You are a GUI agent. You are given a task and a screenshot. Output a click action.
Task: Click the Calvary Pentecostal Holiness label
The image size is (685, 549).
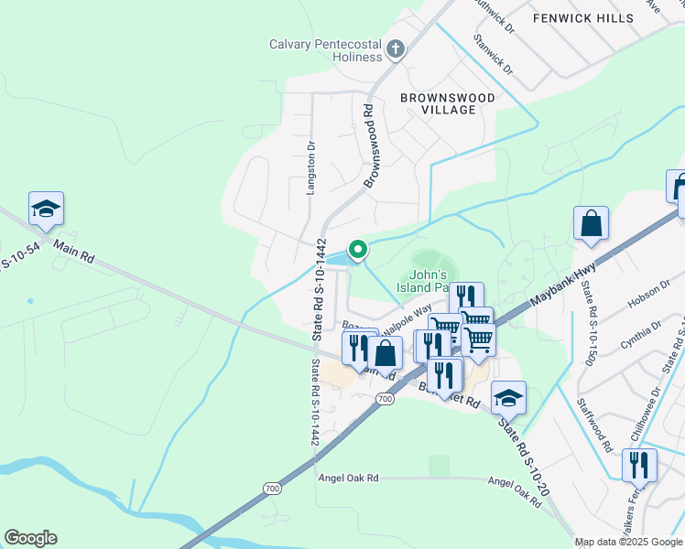pyautogui.click(x=325, y=50)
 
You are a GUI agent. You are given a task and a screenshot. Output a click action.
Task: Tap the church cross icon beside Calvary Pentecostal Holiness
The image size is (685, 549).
pyautogui.click(x=396, y=49)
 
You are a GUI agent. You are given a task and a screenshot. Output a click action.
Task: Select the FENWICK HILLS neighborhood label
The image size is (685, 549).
pyautogui.click(x=583, y=18)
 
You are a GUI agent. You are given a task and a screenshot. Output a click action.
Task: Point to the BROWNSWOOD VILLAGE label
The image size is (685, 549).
pyautogui.click(x=448, y=103)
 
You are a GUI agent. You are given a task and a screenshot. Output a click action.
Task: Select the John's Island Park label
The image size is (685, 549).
pyautogui.click(x=427, y=280)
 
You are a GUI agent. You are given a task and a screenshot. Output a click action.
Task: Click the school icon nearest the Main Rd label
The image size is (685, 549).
pyautogui.click(x=46, y=210)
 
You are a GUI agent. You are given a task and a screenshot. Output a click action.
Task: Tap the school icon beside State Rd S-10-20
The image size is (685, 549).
pyautogui.click(x=508, y=398)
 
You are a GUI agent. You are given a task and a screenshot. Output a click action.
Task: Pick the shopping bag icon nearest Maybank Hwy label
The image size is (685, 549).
pyautogui.click(x=592, y=224)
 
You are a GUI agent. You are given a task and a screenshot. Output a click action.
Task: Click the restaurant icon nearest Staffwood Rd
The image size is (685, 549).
pyautogui.click(x=639, y=466)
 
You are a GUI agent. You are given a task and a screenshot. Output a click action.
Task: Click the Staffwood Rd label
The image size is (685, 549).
pyautogui.click(x=595, y=426)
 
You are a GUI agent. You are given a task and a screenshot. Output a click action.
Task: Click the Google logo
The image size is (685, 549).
pyautogui.click(x=30, y=538)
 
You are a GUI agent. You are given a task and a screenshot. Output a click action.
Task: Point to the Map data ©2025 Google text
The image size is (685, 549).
pyautogui.click(x=628, y=542)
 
